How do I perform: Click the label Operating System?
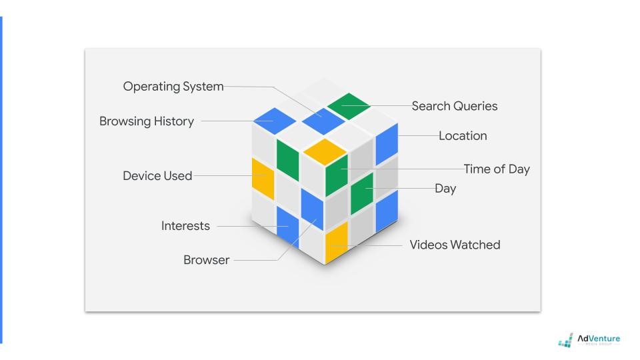(173, 87)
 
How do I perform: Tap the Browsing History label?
(147, 121)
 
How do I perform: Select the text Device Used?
(157, 176)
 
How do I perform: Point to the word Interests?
(185, 226)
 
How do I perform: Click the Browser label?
(206, 260)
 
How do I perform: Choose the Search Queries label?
(455, 106)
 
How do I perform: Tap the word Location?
(463, 136)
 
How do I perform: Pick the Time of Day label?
(497, 169)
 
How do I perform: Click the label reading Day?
(445, 189)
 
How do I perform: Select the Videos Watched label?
(455, 245)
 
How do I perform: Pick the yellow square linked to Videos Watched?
(336, 243)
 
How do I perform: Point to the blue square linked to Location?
(387, 142)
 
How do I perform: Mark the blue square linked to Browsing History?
(274, 121)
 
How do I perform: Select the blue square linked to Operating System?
(322, 121)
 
